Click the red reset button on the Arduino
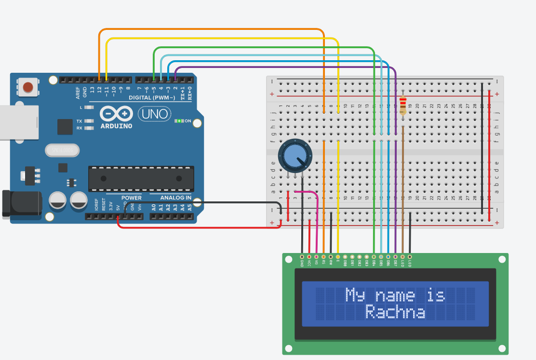point(28,87)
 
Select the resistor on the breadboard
point(403,105)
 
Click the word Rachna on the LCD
point(395,312)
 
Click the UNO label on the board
point(154,114)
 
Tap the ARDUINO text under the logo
point(116,126)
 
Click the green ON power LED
point(179,121)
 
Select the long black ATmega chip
point(141,178)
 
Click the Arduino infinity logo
point(116,114)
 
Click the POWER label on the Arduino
point(131,198)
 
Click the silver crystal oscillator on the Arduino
point(61,151)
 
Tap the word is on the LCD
point(436,295)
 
